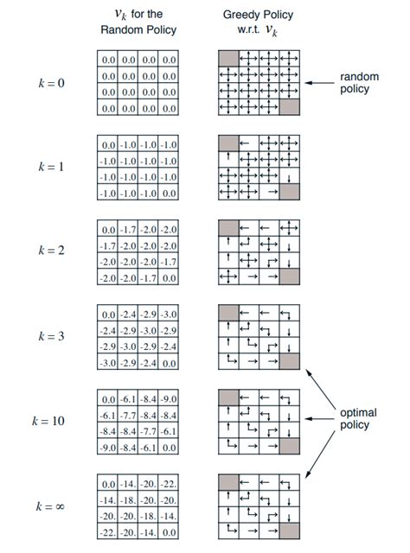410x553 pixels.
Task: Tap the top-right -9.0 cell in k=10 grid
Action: pyautogui.click(x=170, y=400)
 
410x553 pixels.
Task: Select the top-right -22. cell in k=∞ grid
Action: pyautogui.click(x=170, y=484)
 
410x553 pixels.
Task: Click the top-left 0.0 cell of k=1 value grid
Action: pyautogui.click(x=108, y=144)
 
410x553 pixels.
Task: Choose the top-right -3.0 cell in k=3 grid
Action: pyautogui.click(x=170, y=314)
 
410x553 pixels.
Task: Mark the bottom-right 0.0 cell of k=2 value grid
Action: pyautogui.click(x=170, y=278)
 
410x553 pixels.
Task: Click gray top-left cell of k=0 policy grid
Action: pyautogui.click(x=227, y=58)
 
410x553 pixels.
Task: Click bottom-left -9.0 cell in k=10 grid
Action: pyautogui.click(x=108, y=448)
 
